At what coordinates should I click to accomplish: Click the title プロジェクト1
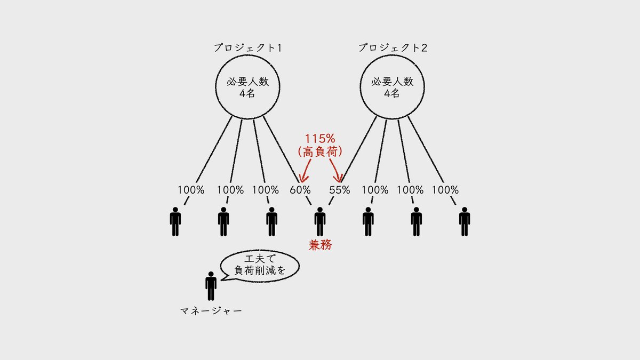247,47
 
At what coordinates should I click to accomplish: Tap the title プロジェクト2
393,47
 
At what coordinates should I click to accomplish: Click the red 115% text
320,139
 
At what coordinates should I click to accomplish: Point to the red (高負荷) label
320,151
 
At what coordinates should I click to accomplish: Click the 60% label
300,190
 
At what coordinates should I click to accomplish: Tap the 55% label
339,190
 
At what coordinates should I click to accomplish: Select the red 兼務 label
320,245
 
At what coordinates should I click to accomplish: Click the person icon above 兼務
320,222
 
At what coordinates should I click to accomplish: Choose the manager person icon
211,286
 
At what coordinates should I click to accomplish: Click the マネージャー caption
211,311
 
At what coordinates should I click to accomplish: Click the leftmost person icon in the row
175,222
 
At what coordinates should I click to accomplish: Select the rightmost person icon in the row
465,222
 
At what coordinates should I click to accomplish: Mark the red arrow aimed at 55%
335,170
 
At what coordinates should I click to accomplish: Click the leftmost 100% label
191,190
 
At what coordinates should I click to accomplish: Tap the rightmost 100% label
445,190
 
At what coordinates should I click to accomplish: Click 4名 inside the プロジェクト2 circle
391,93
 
